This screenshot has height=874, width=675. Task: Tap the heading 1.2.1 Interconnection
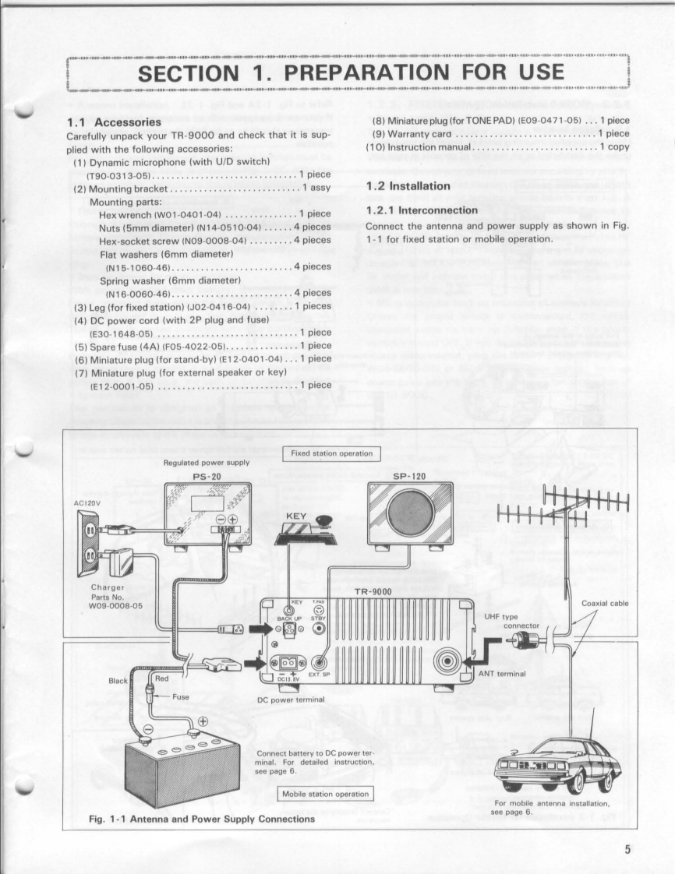[422, 210]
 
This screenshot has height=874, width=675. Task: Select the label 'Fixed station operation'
[331, 453]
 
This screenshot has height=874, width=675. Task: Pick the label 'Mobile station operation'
[326, 794]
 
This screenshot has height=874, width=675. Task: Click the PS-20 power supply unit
[207, 514]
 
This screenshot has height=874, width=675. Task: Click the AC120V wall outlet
[87, 544]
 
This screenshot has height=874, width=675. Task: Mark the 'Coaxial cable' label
[606, 603]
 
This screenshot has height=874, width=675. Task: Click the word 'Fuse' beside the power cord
[181, 696]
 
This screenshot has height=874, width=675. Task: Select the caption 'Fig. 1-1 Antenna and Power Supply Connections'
[203, 819]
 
